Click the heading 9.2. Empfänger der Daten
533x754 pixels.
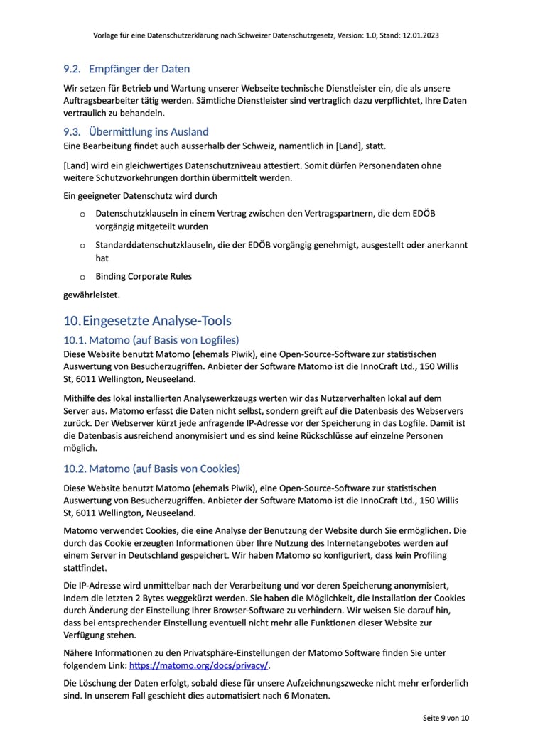[x=126, y=70]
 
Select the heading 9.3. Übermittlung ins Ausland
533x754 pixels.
[x=136, y=132]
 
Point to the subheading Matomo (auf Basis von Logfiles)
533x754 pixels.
[x=151, y=340]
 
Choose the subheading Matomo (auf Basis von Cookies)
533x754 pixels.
[x=151, y=469]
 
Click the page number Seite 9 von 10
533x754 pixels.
[x=446, y=719]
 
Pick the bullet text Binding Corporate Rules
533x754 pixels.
[x=144, y=276]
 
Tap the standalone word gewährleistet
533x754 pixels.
[x=92, y=293]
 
